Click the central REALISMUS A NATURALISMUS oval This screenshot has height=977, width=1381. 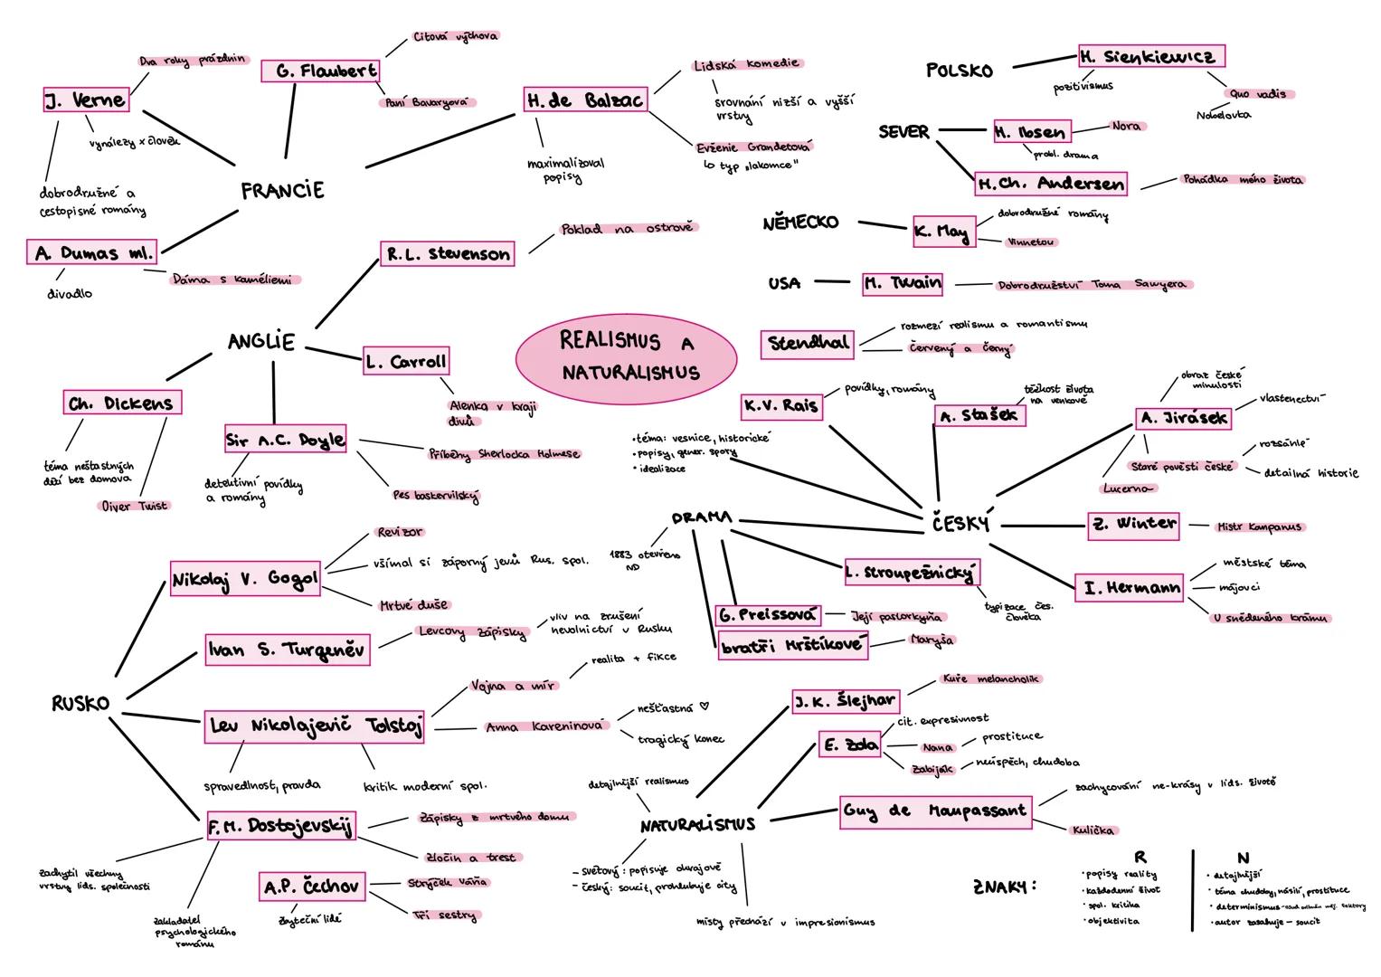pos(626,356)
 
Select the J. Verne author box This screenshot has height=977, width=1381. pos(86,100)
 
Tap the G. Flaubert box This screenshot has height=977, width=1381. pos(320,71)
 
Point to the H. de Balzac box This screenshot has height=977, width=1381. pos(585,100)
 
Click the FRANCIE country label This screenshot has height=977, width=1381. pos(282,191)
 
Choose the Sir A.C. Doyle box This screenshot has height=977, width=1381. pos(286,441)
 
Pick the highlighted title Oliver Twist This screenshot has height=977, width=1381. pos(135,506)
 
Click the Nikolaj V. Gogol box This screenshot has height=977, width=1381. pos(245,579)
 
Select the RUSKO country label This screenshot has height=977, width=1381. pos(80,704)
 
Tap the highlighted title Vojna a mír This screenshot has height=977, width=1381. pos(512,687)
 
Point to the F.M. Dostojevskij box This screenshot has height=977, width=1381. pos(280,825)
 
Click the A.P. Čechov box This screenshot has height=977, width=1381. pos(312,887)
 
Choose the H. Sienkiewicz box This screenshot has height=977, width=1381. pos(1150,56)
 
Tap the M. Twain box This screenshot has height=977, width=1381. pos(902,283)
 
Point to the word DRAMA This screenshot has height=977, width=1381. pos(702,518)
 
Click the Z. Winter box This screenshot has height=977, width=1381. pos(1133,524)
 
